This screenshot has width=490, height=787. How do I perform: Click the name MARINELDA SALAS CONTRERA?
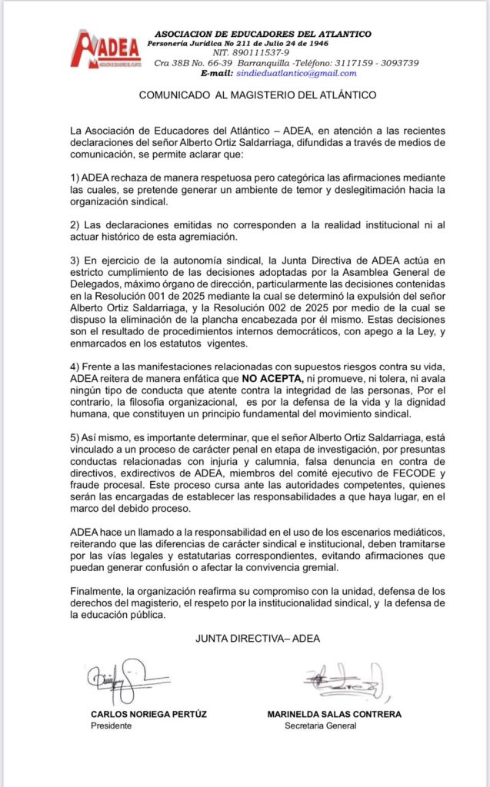click(x=334, y=715)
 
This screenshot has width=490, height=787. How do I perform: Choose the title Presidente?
click(x=112, y=726)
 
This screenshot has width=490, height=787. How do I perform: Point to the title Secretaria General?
click(x=320, y=726)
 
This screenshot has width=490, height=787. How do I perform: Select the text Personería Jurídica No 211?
click(x=202, y=43)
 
